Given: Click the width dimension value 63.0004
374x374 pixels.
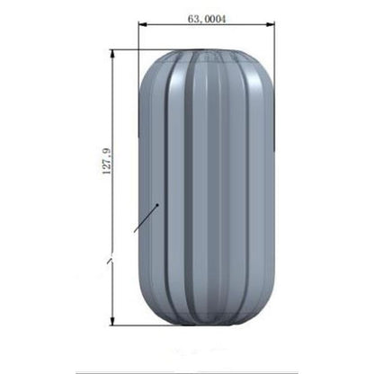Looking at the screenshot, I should coord(207,16).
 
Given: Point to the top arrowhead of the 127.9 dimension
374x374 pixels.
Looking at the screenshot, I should coord(113,53).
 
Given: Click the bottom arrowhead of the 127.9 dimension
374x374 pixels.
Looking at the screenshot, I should coord(113,324).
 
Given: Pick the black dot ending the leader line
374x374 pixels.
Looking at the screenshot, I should coord(158,205).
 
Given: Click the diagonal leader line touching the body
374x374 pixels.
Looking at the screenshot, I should coord(147,218).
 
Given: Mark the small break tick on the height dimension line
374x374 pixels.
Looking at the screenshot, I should coord(109,260).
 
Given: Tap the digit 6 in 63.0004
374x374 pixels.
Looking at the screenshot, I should coord(190,16).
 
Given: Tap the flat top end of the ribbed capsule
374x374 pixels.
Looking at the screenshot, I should coord(207,52).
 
